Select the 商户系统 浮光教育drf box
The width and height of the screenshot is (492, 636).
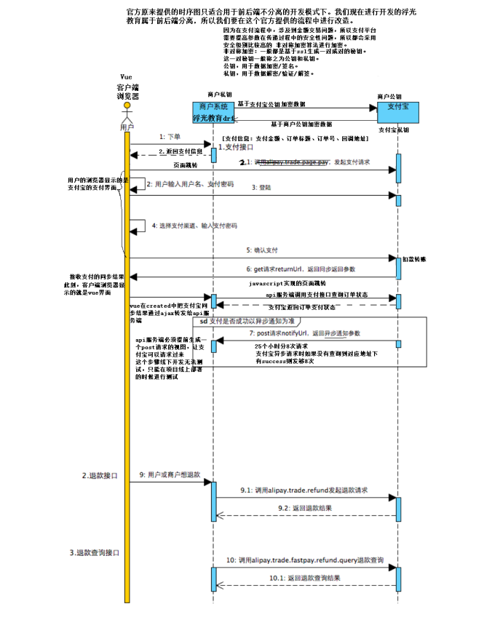pos(213,111)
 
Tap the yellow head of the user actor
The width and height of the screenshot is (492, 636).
pos(127,106)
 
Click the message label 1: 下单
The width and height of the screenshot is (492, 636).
pos(170,136)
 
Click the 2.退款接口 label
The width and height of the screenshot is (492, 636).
pos(99,475)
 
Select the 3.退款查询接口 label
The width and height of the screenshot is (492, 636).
pos(94,552)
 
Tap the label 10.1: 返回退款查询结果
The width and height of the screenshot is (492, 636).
pos(304,577)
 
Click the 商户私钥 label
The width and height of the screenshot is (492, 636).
pos(220,95)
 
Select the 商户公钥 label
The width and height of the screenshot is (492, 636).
pos(389,95)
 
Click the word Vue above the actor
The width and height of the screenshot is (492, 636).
pos(126,76)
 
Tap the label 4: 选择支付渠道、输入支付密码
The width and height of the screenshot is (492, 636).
pos(194,226)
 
